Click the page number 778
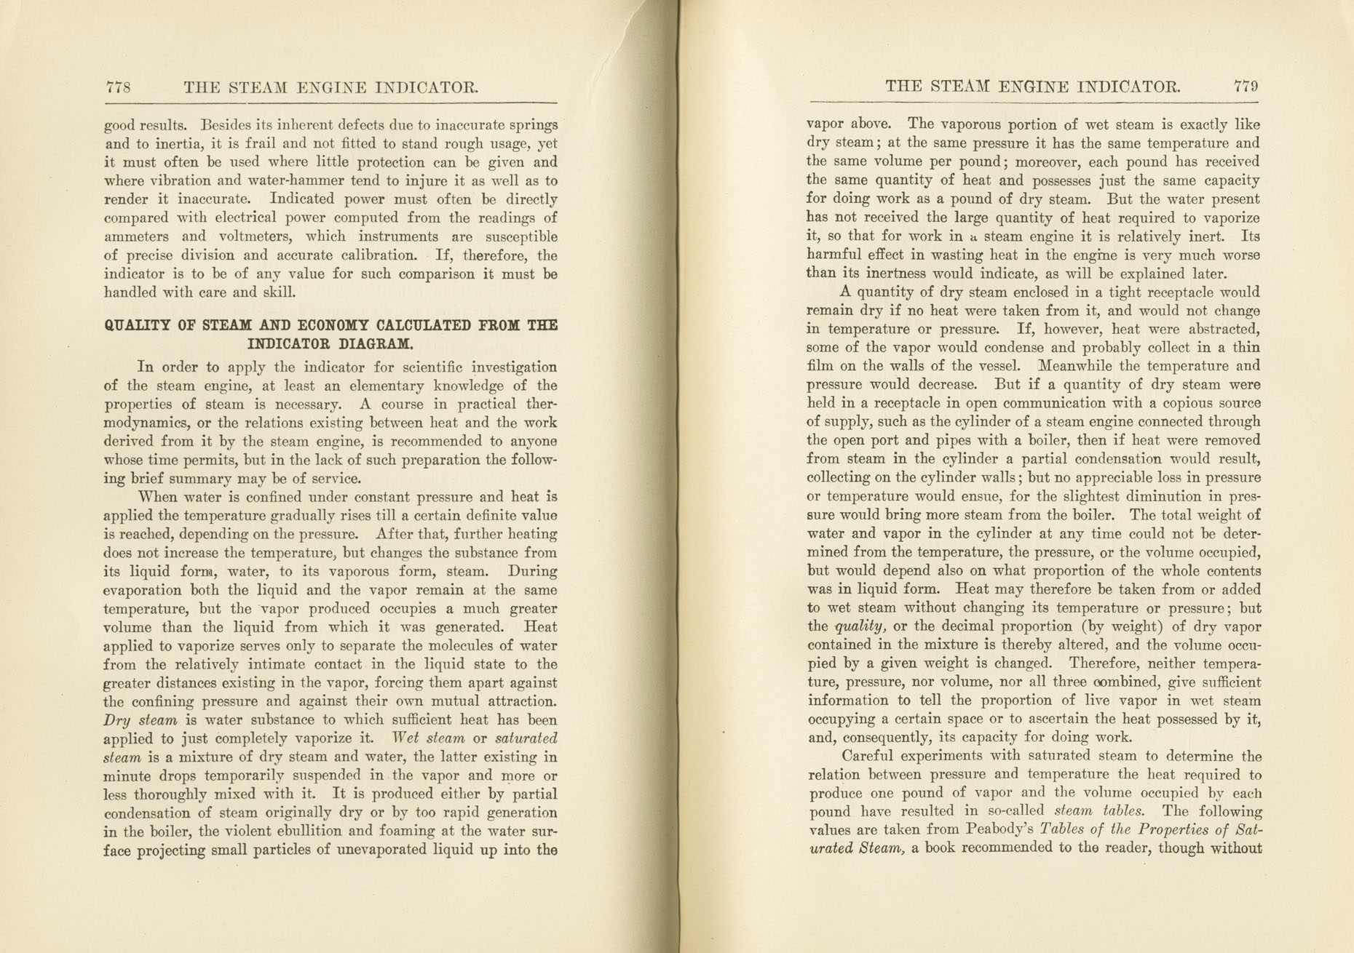click(118, 88)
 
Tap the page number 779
click(1246, 87)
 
